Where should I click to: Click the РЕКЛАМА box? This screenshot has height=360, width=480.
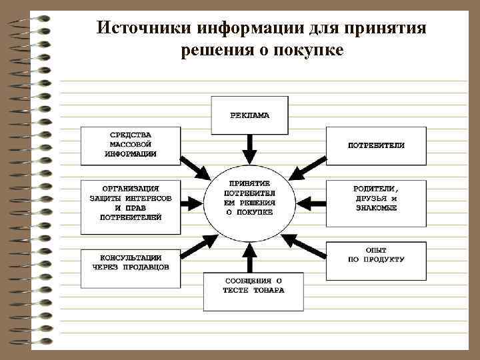coord(250,115)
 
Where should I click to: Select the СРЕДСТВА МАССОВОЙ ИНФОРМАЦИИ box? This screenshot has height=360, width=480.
coord(131,145)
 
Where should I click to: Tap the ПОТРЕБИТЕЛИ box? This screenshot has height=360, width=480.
coord(375,145)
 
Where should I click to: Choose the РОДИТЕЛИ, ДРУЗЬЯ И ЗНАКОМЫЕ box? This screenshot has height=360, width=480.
coord(375,199)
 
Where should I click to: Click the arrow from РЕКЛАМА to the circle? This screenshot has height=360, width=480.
coord(250,149)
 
